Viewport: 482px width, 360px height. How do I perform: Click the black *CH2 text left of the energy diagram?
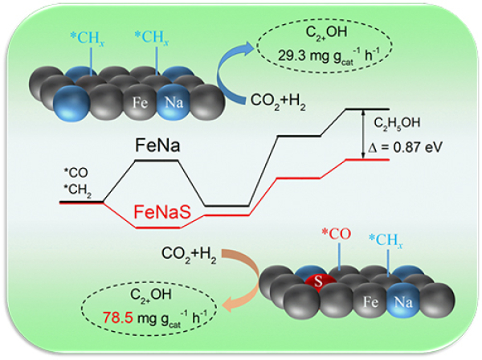(x=77, y=189)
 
